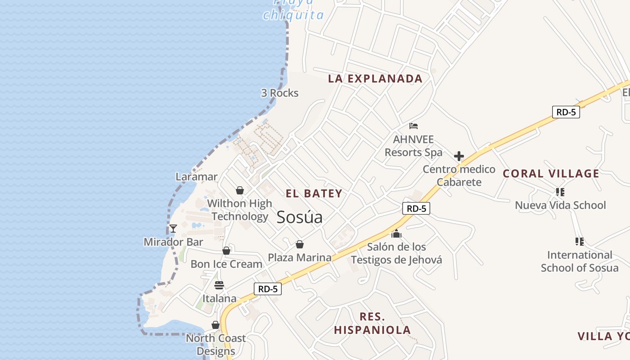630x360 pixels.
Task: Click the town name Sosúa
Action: coord(299,217)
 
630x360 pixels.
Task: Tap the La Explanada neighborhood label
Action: coord(375,79)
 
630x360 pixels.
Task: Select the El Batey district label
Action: coord(314,193)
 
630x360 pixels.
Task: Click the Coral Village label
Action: coord(551,174)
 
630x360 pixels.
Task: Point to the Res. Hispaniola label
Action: coord(372,323)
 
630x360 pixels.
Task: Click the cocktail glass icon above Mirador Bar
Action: coord(173,229)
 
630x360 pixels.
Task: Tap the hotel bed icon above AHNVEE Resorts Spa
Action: coord(414,126)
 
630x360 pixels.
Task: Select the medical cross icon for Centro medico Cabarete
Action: coord(459,156)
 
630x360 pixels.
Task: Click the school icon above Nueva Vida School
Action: coord(560,192)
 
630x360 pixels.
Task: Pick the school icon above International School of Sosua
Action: coord(580,242)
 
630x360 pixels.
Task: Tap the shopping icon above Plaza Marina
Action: coord(300,244)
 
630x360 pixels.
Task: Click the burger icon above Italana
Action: coord(219,285)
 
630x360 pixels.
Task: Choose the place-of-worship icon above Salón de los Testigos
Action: coord(396,234)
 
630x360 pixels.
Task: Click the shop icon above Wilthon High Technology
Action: coord(240,190)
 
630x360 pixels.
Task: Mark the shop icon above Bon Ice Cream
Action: coord(226,251)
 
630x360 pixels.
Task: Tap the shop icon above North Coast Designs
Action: coord(216,325)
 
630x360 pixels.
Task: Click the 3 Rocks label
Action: coord(279,93)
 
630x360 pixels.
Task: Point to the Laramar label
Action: coord(197,177)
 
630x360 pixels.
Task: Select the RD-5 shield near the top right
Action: coord(566,112)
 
